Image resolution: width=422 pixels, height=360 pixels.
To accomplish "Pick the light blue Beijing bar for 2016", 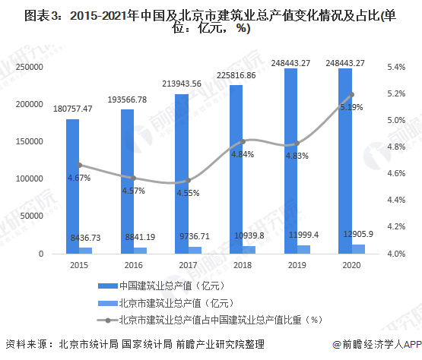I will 140,250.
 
